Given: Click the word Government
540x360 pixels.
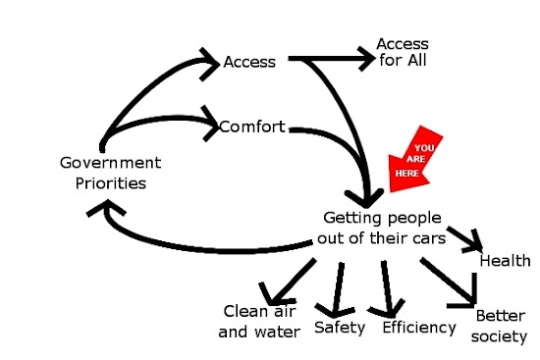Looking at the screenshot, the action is pos(110,163).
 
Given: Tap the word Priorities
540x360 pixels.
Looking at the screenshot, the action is pos(111,183).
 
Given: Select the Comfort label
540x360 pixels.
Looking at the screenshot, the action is pos(252,127).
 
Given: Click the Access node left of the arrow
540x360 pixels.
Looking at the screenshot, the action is pos(249,62).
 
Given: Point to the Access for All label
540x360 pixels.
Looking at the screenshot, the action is pos(403,52).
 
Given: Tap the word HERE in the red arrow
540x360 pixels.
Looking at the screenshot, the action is pos(407,173).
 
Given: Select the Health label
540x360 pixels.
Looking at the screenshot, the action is pos(505,261).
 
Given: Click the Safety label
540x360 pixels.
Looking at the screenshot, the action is pos(340,328).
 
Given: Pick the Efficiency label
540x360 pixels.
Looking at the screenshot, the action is pos(419,328).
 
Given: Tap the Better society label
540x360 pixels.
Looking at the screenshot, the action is pos(500,327).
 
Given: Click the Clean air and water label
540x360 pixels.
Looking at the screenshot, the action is pos(259,322).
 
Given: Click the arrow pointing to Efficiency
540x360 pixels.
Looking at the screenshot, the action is pos(387,288).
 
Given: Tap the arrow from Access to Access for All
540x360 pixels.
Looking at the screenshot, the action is pos(331,59).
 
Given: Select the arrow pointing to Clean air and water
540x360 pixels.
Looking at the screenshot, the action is pos(288,283).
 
